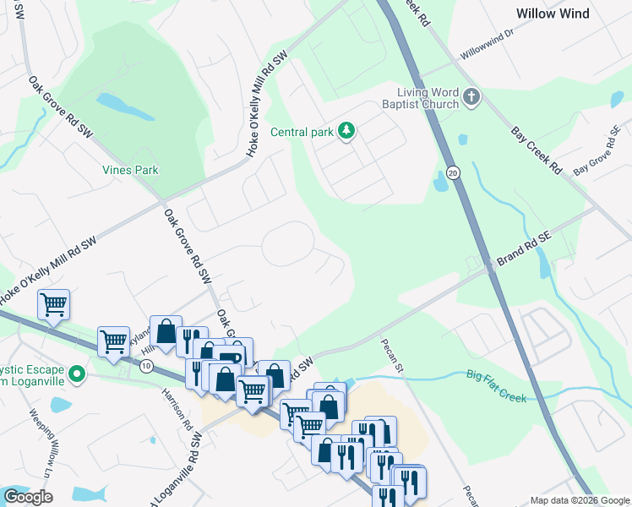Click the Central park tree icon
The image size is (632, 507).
(x=346, y=131)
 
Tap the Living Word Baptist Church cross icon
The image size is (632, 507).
(x=471, y=98)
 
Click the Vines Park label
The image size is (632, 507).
(x=130, y=170)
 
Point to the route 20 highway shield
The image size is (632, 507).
(x=454, y=172)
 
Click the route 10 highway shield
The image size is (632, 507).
(x=147, y=366)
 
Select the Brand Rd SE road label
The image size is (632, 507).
(x=523, y=251)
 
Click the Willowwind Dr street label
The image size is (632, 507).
(x=487, y=46)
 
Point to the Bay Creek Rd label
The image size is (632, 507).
(x=537, y=150)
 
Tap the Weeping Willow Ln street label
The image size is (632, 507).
(x=41, y=439)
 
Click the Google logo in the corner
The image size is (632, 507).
(x=28, y=497)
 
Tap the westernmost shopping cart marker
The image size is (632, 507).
(x=54, y=303)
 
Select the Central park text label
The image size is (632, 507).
(x=302, y=132)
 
